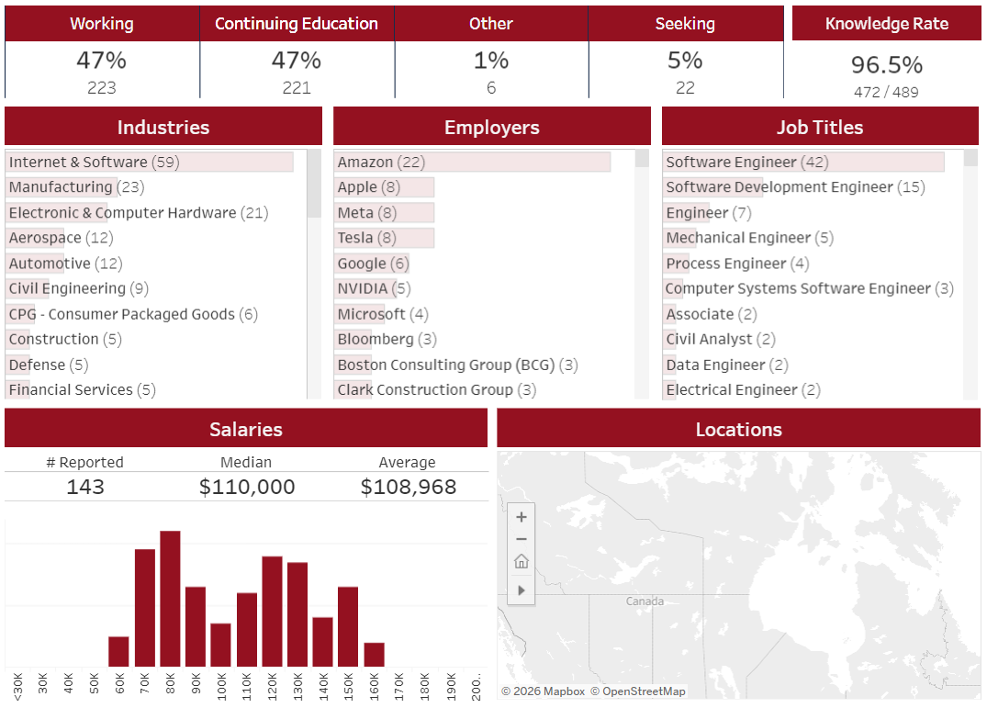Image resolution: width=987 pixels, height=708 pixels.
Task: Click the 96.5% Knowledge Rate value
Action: [886, 64]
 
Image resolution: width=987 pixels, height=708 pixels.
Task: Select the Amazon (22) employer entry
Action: [381, 162]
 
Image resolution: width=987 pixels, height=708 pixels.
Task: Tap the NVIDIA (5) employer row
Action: [374, 288]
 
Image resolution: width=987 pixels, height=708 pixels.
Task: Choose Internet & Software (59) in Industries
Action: [95, 162]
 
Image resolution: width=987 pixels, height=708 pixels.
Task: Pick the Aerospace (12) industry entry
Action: [62, 238]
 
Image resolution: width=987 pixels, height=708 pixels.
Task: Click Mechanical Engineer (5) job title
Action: [750, 238]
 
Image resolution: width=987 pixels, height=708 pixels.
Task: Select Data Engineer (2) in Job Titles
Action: [727, 365]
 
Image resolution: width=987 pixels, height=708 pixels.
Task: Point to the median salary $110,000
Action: [247, 487]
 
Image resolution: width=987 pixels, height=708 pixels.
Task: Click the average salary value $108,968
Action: [408, 487]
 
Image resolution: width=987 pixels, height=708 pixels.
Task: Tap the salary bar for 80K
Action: [170, 599]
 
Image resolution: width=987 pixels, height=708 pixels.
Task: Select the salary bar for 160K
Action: [374, 655]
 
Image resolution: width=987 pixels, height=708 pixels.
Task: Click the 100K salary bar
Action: [221, 645]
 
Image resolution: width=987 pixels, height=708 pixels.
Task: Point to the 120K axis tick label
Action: [272, 687]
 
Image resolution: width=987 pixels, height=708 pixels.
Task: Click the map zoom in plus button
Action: [522, 517]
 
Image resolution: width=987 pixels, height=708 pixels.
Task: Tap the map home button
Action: [522, 561]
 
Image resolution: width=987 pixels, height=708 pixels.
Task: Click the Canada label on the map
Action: [645, 601]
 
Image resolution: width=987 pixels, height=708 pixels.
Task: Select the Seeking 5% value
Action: [685, 61]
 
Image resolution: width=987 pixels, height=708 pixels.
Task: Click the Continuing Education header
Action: [297, 23]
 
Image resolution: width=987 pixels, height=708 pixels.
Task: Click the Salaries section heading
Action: [246, 429]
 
